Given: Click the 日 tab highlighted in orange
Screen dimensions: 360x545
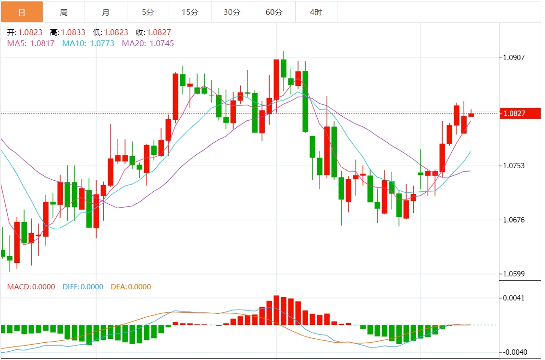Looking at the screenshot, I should click(22, 12).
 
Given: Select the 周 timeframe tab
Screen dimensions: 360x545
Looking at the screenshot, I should click(64, 12).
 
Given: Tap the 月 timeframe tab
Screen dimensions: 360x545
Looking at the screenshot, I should click(106, 12).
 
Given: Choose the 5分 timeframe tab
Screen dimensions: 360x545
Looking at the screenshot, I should click(148, 12).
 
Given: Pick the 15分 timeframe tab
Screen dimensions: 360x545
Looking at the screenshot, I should click(190, 12).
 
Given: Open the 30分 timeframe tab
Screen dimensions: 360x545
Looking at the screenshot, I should click(232, 12).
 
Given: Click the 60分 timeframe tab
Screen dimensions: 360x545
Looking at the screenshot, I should click(274, 12).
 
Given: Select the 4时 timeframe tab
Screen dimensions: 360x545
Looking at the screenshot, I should click(316, 12).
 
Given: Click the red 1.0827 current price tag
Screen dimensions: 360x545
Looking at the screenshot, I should click(521, 113).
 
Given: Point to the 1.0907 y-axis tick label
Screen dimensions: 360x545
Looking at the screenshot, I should click(514, 58).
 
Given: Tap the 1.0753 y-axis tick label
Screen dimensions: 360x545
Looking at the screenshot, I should click(514, 166).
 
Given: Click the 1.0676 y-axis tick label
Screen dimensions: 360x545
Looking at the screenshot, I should click(514, 220).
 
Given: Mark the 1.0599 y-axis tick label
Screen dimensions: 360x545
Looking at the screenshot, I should click(514, 274).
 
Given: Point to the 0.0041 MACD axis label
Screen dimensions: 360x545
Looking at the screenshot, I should click(514, 298).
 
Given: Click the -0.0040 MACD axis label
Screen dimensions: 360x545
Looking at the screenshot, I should click(513, 352).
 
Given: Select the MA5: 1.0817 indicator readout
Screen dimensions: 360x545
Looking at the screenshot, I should click(31, 43).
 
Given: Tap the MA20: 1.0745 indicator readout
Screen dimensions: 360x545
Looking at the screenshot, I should click(148, 43).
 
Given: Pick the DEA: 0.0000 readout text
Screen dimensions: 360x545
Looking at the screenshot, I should click(131, 287).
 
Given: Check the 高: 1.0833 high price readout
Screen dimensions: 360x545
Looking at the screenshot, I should click(68, 33).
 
